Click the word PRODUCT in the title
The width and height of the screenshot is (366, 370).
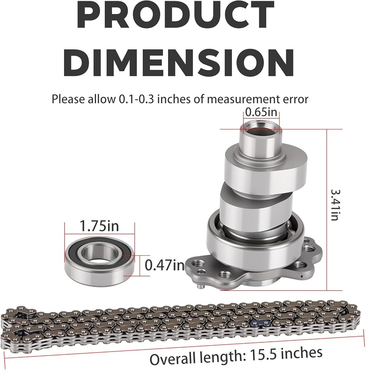pos(175,15)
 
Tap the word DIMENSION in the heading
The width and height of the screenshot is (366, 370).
pos(179,62)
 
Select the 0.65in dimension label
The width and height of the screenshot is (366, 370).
pos(261,112)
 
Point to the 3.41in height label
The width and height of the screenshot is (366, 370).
pos(335,205)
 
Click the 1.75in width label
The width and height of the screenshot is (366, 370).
pos(99,226)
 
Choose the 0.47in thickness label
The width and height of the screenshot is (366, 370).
pos(165,265)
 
